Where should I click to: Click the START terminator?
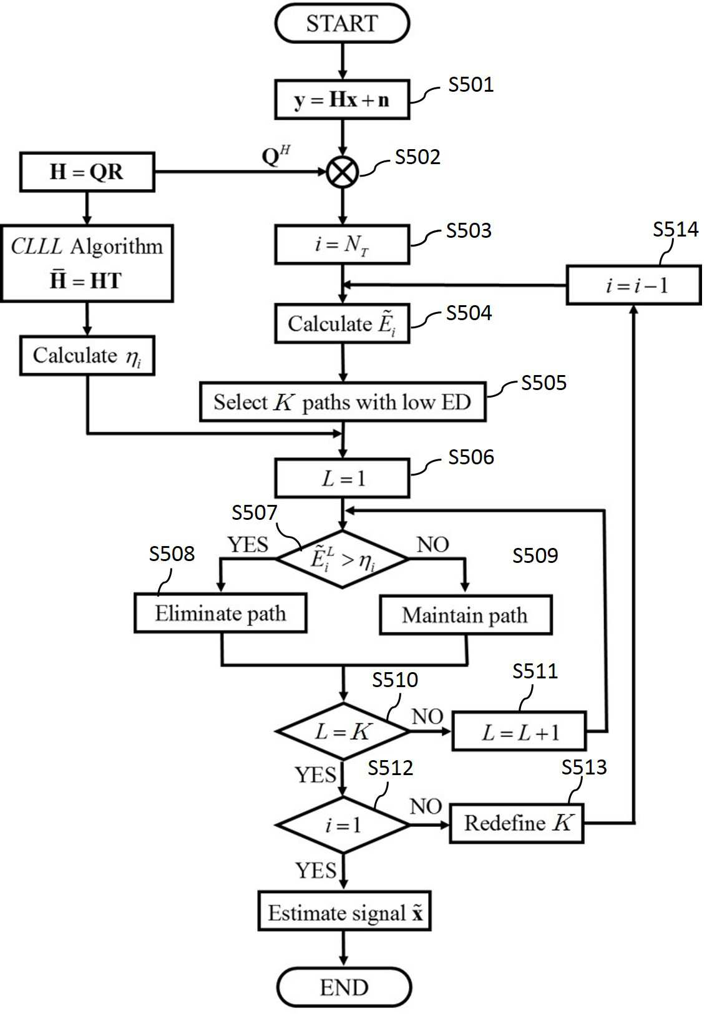[x=343, y=24]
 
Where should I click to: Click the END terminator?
[x=344, y=987]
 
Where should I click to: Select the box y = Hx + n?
[x=343, y=100]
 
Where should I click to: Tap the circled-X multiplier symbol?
[x=343, y=172]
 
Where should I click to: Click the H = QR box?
[x=87, y=172]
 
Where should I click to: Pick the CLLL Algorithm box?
[x=87, y=263]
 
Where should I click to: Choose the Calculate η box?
[x=87, y=356]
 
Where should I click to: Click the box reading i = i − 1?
[x=634, y=285]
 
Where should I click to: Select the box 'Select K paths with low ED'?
[x=343, y=402]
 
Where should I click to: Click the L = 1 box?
[x=343, y=478]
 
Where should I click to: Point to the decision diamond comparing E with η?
[x=343, y=559]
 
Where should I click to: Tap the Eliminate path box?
[x=220, y=613]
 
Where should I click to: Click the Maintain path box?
[x=466, y=615]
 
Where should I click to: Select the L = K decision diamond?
[x=343, y=731]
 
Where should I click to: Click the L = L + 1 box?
[x=519, y=731]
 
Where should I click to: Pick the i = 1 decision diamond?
[x=343, y=824]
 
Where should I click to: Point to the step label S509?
[x=535, y=555]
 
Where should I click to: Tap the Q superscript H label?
[x=276, y=155]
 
